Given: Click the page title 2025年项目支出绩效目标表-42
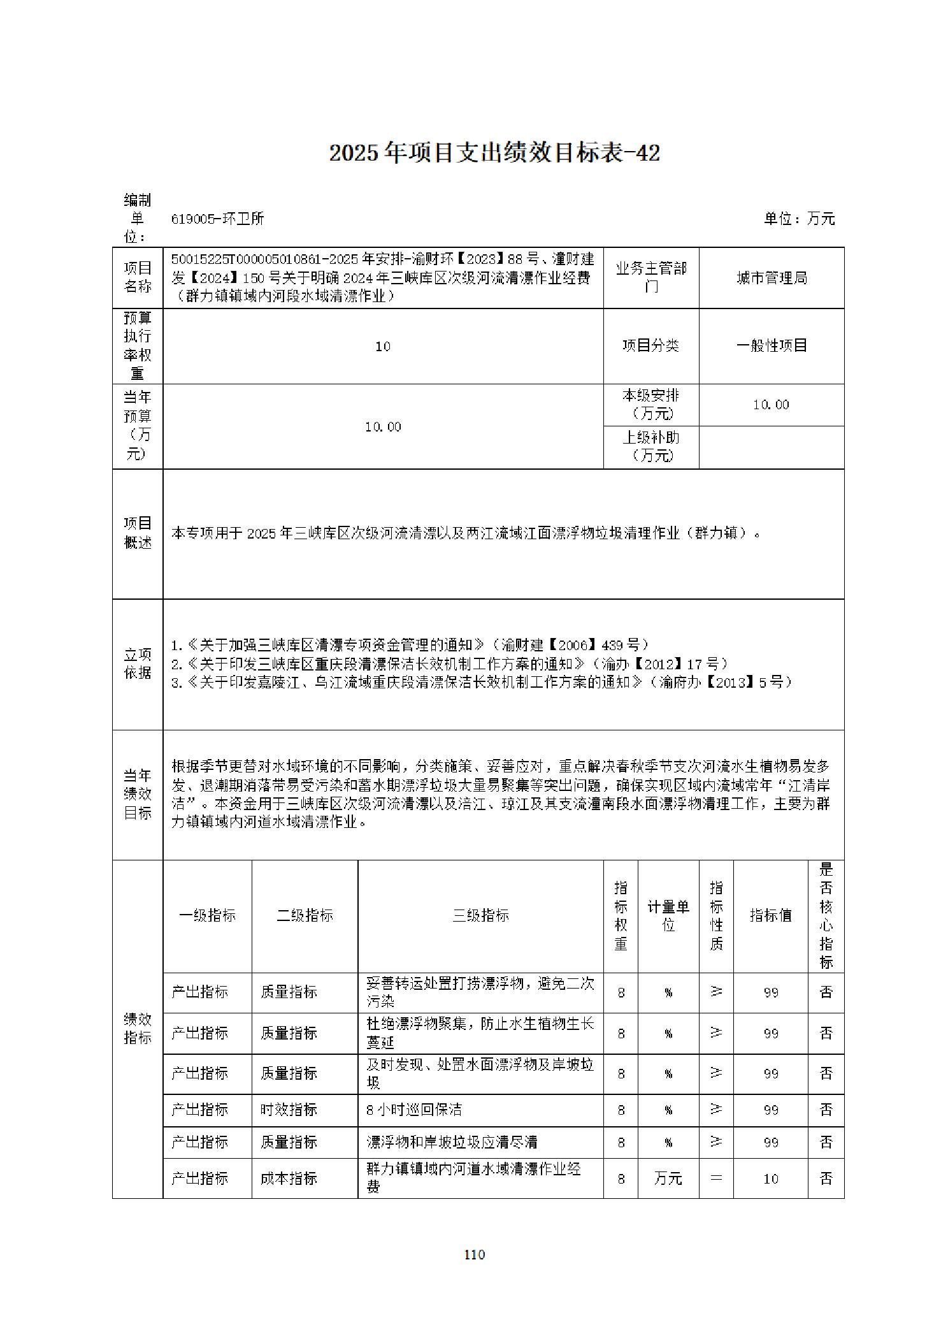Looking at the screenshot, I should click(494, 153).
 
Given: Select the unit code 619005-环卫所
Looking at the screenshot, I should click(218, 219).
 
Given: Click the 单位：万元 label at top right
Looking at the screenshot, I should click(799, 219).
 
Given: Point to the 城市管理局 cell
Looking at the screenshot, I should click(772, 278).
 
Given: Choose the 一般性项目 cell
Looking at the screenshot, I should click(772, 345).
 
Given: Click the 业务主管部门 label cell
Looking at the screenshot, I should click(650, 278).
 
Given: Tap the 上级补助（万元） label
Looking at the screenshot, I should click(650, 446).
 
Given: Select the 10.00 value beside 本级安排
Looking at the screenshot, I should click(771, 405).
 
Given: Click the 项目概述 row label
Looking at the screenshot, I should click(138, 533).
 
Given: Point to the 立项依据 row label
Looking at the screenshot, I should click(138, 663).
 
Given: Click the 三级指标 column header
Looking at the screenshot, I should click(480, 916).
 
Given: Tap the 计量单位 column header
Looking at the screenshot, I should click(668, 916).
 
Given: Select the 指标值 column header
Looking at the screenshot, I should click(770, 916).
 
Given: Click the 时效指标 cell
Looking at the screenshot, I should click(289, 1110).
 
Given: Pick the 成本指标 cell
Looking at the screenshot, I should click(289, 1178).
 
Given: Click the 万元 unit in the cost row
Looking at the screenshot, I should click(668, 1179).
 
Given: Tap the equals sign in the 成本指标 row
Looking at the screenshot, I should click(716, 1178).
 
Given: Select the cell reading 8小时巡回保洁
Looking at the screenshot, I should click(414, 1110).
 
